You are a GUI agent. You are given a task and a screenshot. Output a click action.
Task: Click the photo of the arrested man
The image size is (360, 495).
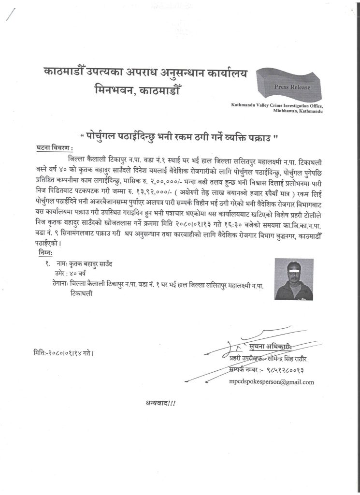point(291,279)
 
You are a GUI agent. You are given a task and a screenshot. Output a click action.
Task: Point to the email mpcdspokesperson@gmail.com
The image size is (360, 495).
point(272,382)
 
